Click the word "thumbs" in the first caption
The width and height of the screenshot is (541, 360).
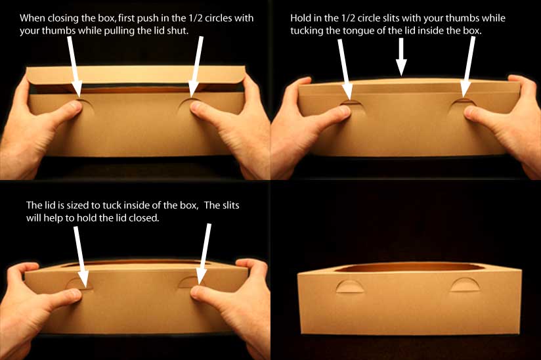click(58, 31)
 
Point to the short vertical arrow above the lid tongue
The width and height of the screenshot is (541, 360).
click(401, 57)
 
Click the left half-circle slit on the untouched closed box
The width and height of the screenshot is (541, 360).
click(349, 286)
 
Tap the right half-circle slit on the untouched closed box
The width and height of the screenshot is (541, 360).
click(464, 284)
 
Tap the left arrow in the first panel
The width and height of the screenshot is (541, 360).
click(74, 67)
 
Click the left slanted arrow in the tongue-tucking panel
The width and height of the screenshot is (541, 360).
click(345, 69)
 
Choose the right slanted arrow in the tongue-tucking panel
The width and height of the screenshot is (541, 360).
click(468, 67)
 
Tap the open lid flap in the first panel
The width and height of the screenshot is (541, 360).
click(136, 76)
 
